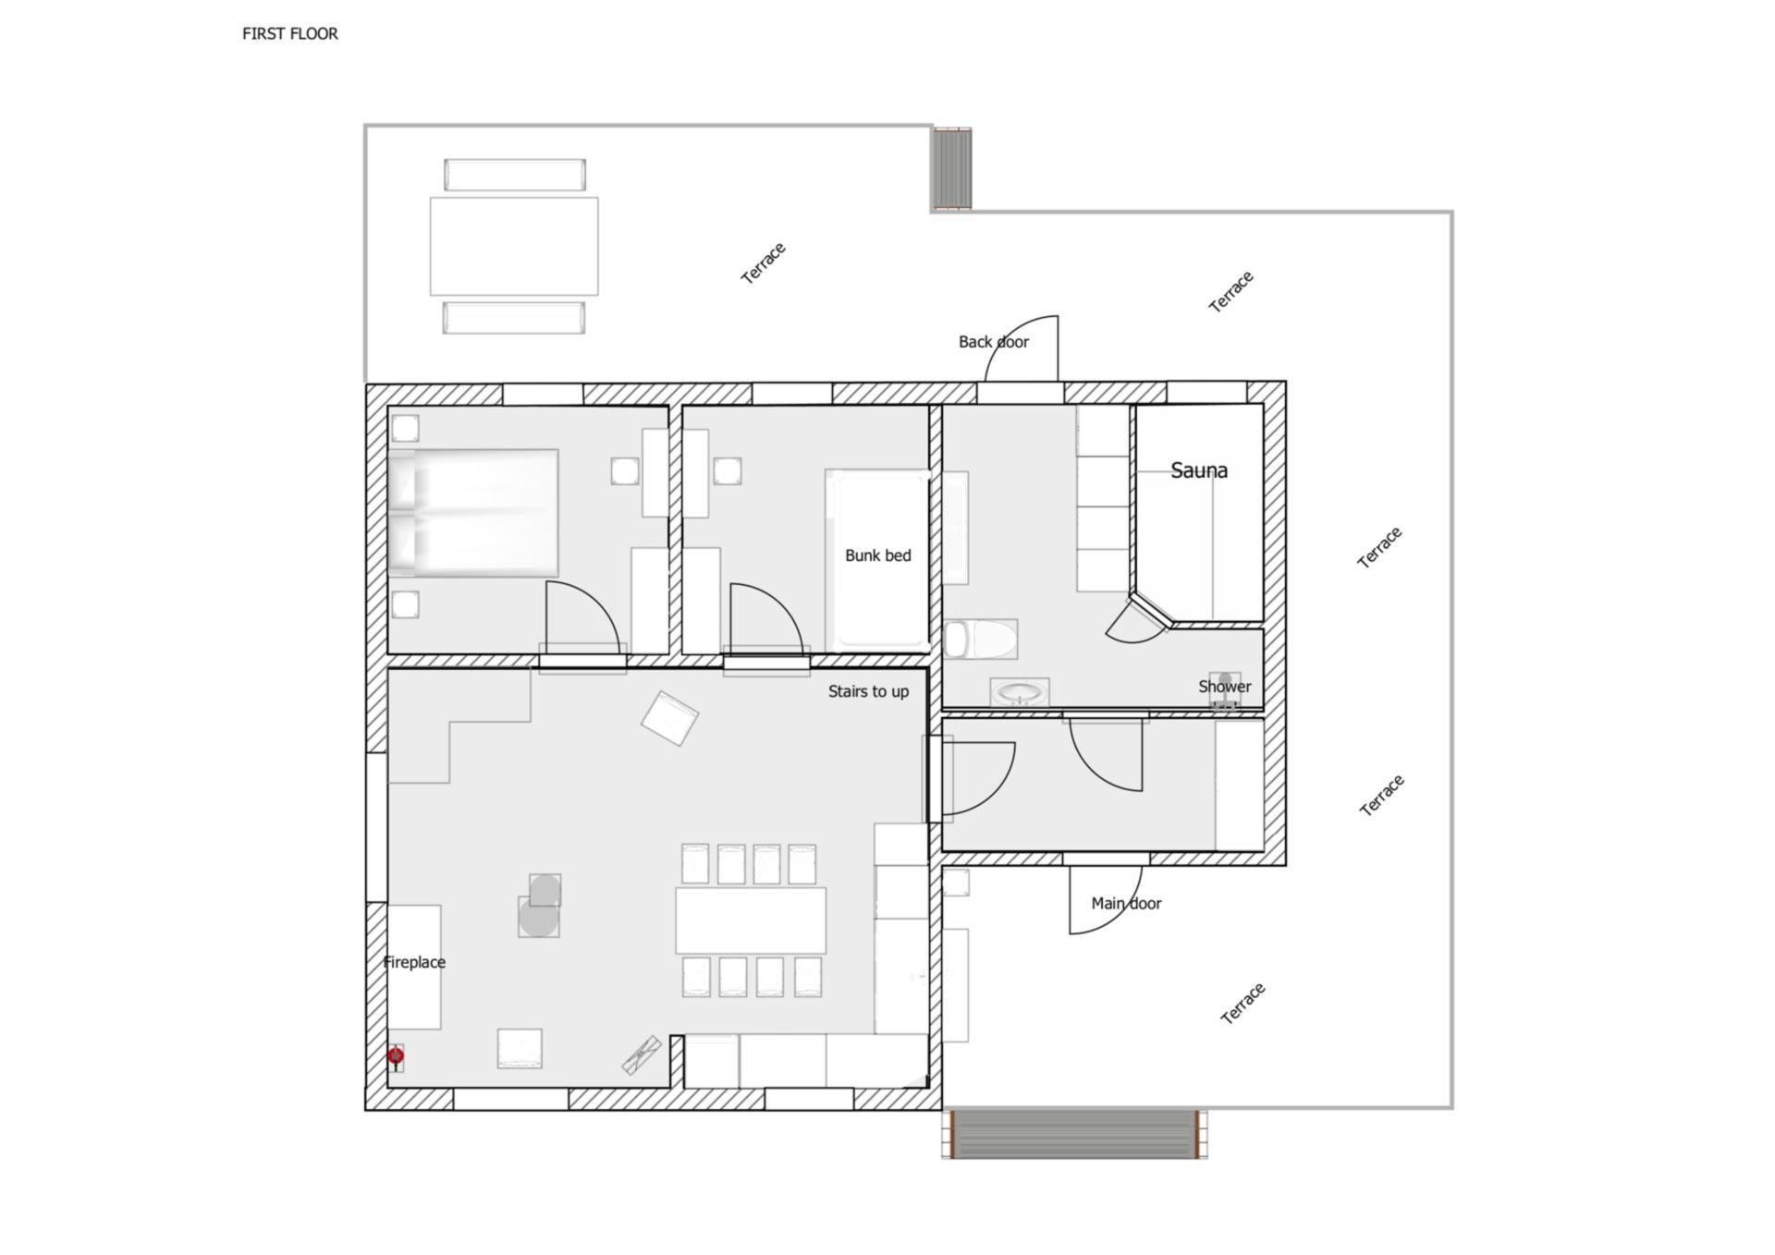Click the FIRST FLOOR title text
tap(290, 34)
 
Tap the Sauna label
tap(1199, 470)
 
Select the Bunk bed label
tap(877, 555)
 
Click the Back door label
tap(994, 342)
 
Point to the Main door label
tap(1126, 903)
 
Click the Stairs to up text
tap(868, 692)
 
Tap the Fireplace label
tap(414, 962)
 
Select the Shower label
tap(1224, 687)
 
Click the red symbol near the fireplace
tap(396, 1055)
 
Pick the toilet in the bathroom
tap(981, 639)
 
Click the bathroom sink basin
tap(1020, 692)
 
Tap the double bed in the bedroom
tap(473, 513)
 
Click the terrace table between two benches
tap(514, 246)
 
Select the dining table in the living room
tap(751, 920)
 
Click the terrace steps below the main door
tap(1075, 1134)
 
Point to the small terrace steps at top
tap(951, 169)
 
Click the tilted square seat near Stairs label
tap(669, 718)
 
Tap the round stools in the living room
tap(539, 906)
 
